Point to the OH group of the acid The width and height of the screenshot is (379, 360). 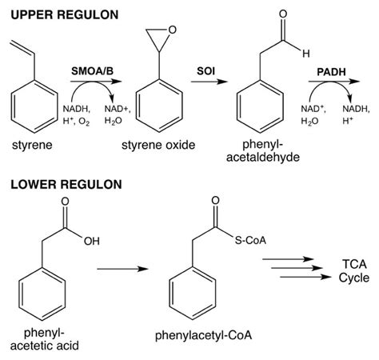pos(94,238)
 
